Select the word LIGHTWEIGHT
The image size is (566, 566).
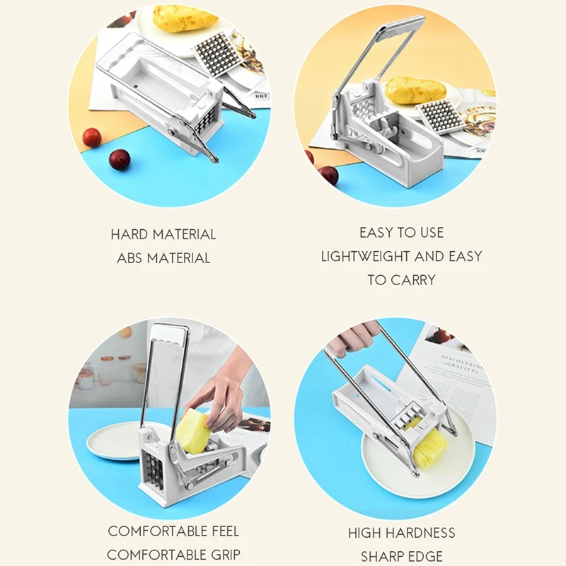point(365,256)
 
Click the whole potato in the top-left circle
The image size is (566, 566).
point(185,18)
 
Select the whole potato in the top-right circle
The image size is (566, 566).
point(415,91)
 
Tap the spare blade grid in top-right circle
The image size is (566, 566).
point(440,116)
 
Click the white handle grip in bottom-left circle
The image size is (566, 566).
point(169,334)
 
